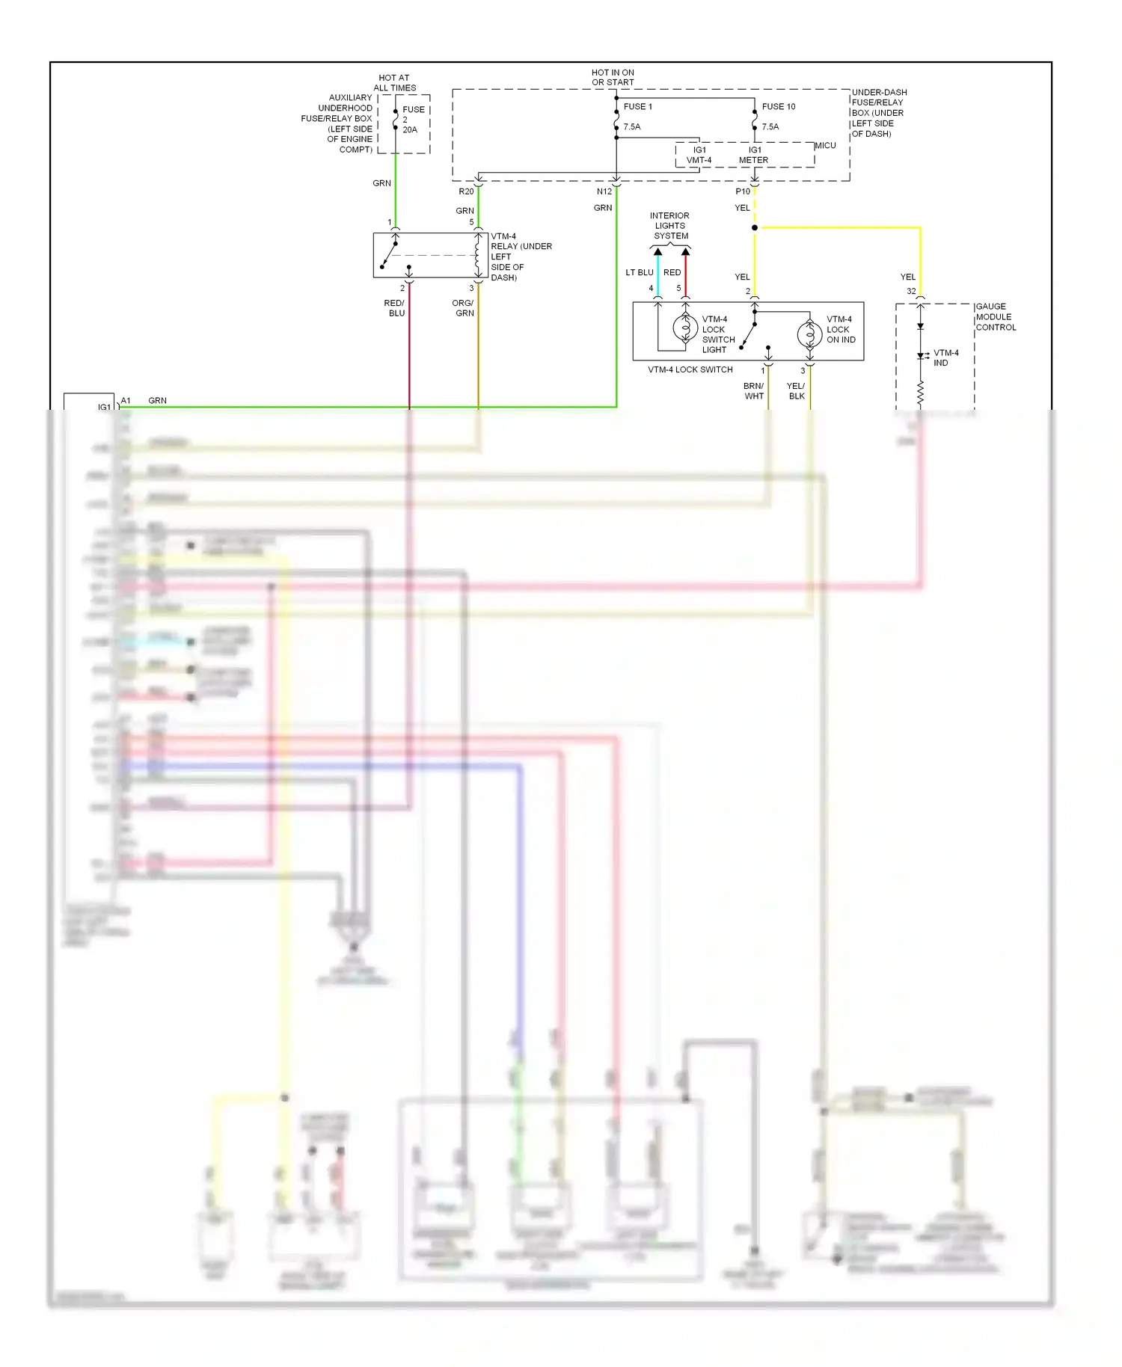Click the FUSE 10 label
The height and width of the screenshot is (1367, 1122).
778,107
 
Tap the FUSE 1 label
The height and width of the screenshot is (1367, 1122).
637,107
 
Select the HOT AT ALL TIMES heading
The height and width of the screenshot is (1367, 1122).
394,82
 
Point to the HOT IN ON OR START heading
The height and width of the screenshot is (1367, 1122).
613,77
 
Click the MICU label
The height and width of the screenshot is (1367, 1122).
825,145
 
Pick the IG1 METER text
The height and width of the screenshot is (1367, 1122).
753,155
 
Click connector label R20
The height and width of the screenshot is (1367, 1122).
466,191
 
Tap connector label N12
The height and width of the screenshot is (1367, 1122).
604,191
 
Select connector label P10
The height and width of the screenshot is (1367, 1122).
742,191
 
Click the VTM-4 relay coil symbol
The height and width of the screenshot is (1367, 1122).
477,255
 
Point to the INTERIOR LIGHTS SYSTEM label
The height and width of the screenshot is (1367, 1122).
670,225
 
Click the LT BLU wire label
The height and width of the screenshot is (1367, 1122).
640,272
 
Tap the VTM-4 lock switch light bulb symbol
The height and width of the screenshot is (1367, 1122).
685,328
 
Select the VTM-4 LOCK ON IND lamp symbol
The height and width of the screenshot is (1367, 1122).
809,334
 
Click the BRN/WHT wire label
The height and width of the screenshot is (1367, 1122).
754,391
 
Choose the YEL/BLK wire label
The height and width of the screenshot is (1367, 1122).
796,391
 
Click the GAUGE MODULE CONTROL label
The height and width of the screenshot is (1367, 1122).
996,317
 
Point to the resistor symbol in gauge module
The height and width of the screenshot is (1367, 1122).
920,393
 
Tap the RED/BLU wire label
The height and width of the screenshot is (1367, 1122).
395,308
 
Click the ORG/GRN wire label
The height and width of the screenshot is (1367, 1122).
463,308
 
